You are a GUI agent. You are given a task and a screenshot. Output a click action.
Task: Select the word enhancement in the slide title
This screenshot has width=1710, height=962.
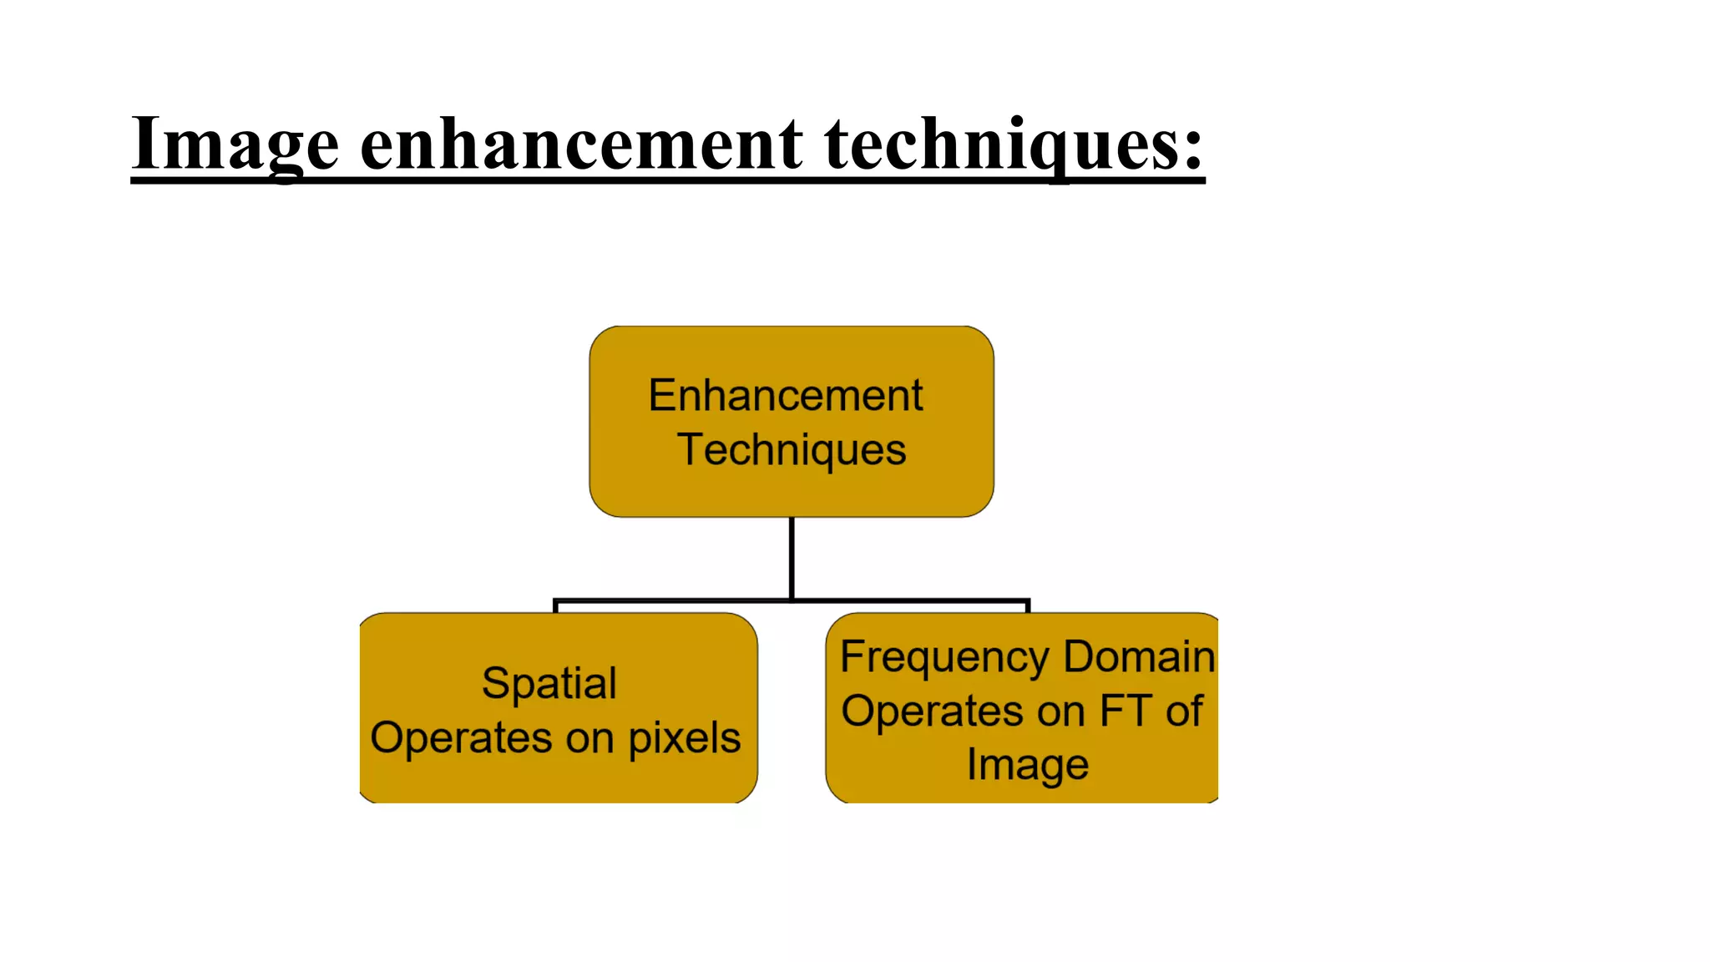pos(581,144)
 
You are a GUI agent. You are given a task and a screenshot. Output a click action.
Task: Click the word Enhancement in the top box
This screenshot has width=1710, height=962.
pos(785,395)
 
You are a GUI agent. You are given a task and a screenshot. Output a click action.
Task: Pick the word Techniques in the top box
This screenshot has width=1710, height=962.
pos(791,450)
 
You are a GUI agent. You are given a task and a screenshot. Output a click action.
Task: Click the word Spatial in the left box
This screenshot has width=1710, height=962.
pos(549,683)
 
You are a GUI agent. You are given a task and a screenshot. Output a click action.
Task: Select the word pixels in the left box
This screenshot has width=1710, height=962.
pos(684,738)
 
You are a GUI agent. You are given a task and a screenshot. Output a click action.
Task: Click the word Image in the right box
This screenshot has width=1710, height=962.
pos(1027,765)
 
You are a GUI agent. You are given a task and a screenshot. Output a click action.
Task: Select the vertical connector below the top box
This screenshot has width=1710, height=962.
pos(791,555)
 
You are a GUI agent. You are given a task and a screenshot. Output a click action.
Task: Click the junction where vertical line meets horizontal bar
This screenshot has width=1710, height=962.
pos(791,600)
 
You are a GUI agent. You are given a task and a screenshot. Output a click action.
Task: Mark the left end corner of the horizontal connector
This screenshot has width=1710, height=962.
pos(555,600)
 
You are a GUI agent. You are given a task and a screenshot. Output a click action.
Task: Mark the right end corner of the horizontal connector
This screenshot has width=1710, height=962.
pos(1028,600)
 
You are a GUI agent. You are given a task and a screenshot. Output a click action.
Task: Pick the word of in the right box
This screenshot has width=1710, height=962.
pos(1184,711)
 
